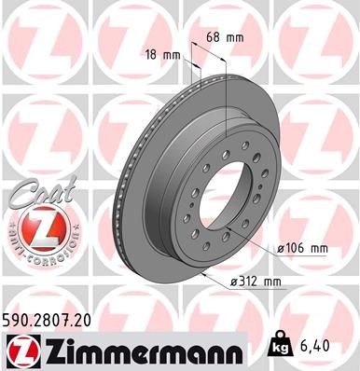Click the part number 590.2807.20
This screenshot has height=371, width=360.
click(52, 320)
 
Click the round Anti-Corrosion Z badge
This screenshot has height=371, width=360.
click(33, 229)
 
